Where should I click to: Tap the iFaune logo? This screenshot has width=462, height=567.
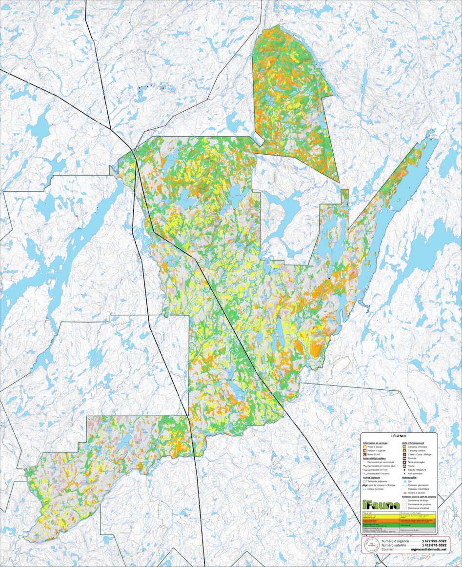(381, 505)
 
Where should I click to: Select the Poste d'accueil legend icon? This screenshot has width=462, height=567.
(365, 446)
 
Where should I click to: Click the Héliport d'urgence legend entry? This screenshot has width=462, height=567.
(379, 450)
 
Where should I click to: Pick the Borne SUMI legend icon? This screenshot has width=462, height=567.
(365, 454)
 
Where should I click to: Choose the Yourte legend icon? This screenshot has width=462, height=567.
(404, 466)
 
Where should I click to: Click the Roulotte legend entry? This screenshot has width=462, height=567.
(414, 458)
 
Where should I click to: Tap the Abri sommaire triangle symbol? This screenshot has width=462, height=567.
(404, 473)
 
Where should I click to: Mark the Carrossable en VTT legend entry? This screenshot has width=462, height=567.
(381, 469)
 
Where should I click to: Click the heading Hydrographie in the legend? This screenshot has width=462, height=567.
(412, 477)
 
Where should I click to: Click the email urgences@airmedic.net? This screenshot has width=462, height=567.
(428, 549)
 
